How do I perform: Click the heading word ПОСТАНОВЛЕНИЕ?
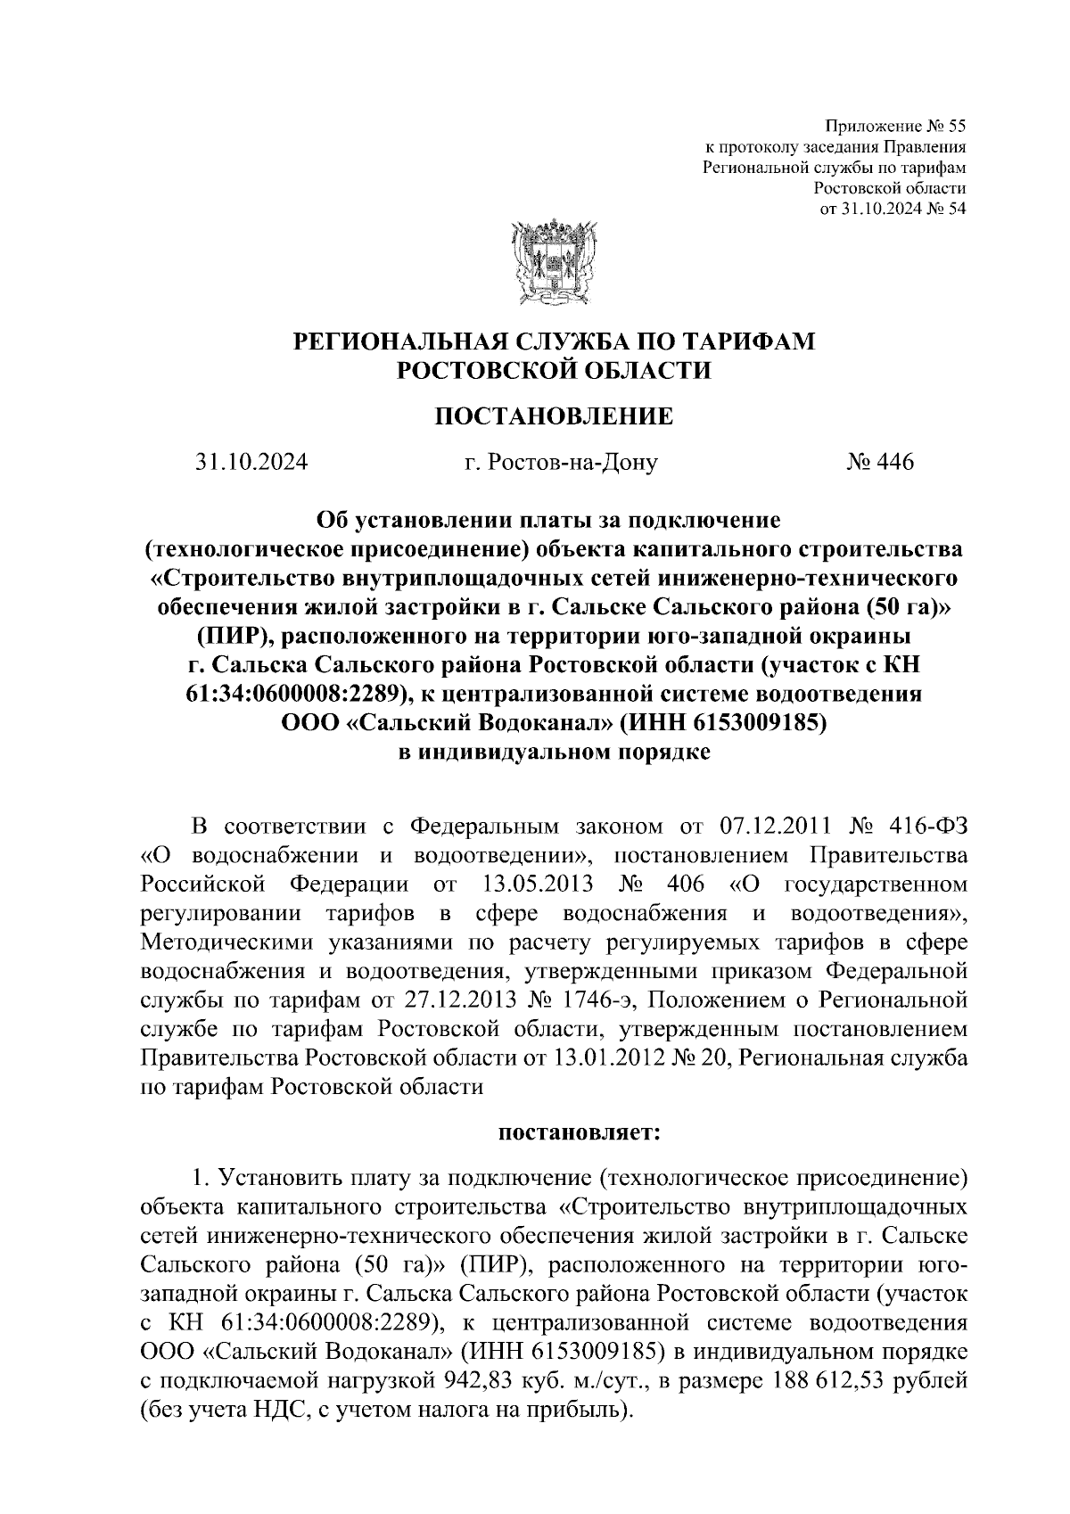tap(553, 416)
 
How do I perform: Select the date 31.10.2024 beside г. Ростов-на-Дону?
tap(251, 463)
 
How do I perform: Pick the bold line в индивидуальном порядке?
tap(553, 752)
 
